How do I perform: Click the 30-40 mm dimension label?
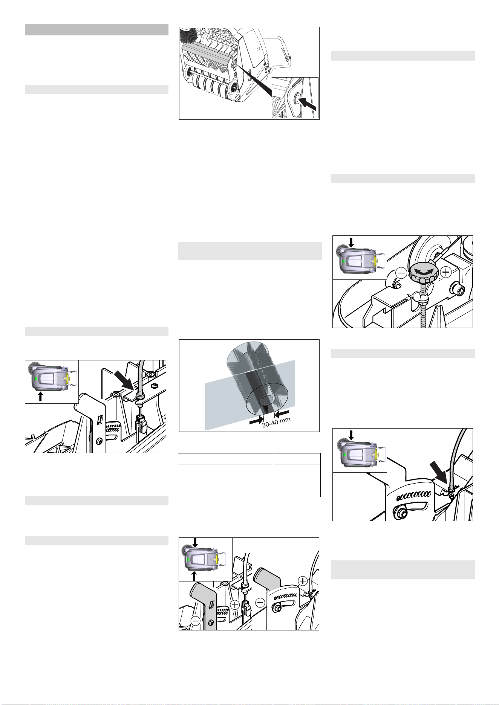click(x=276, y=422)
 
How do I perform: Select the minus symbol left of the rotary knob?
click(x=401, y=272)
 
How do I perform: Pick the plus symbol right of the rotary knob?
click(x=445, y=272)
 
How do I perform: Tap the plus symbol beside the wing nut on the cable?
click(x=303, y=581)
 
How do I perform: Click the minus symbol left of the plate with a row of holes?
click(x=260, y=603)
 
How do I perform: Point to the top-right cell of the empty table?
click(x=297, y=459)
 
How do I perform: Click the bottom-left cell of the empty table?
click(x=225, y=491)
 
